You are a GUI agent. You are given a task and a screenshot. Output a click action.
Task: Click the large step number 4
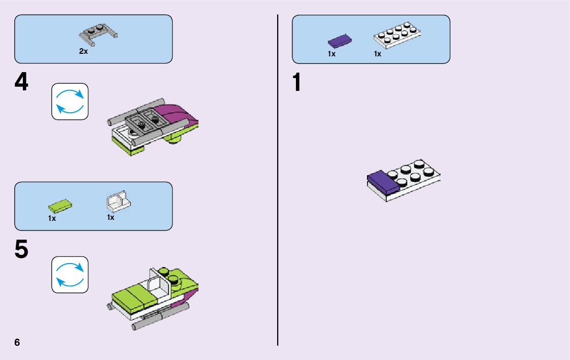[21, 82]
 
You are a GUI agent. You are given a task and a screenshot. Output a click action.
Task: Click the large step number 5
[21, 249]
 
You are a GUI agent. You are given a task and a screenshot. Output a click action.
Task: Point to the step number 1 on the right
[298, 83]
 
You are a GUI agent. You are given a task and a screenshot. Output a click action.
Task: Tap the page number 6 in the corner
[17, 342]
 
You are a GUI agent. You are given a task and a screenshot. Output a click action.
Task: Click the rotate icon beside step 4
[70, 102]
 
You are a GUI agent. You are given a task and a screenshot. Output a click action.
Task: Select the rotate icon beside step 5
[70, 275]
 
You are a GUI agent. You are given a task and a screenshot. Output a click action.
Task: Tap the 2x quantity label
[84, 51]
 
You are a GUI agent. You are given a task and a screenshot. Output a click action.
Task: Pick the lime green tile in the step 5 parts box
[60, 206]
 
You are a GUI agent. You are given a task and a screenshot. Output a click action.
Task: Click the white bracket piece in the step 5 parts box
[119, 201]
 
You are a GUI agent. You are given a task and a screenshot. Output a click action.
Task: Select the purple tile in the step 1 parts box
[340, 40]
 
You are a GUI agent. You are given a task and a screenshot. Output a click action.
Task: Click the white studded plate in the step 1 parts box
[398, 35]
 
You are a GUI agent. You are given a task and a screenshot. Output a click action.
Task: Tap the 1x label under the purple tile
[331, 54]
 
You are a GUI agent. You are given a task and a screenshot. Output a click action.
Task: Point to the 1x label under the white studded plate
[378, 54]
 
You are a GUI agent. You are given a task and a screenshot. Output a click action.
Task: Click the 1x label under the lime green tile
[52, 218]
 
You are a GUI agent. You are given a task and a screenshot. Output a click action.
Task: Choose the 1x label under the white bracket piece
[111, 217]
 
